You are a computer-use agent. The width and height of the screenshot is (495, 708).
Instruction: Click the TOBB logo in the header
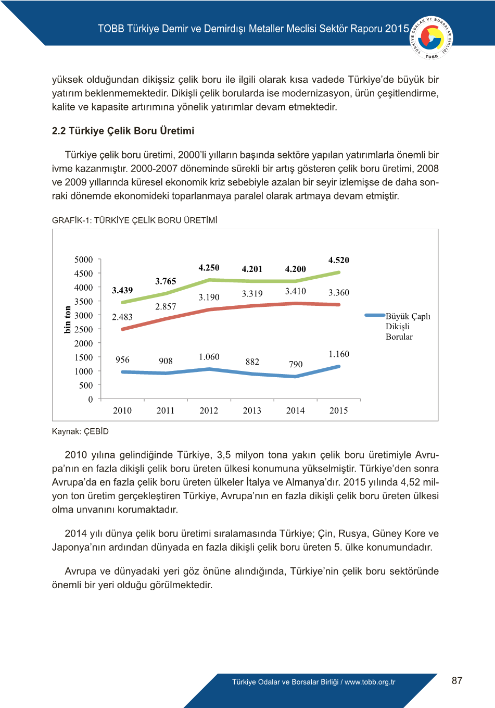pyautogui.click(x=431, y=38)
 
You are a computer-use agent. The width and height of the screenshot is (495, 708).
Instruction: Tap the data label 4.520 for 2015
pyautogui.click(x=338, y=260)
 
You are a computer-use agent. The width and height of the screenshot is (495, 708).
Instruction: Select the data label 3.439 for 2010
pyautogui.click(x=122, y=290)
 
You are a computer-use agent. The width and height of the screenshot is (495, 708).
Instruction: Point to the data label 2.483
pyautogui.click(x=122, y=317)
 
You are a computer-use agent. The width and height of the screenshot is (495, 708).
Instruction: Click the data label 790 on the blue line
pyautogui.click(x=296, y=364)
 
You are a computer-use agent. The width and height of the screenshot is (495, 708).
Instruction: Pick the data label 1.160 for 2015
pyautogui.click(x=339, y=354)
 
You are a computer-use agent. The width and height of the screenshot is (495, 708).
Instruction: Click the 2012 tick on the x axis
pyautogui.click(x=209, y=411)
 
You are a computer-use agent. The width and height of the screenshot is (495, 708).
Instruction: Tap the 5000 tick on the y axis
pyautogui.click(x=84, y=259)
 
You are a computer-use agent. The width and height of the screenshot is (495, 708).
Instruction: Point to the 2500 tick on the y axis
pyautogui.click(x=84, y=329)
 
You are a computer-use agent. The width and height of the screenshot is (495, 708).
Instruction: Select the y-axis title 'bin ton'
pyautogui.click(x=68, y=319)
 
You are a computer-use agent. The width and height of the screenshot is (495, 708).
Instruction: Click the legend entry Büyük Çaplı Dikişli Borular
pyautogui.click(x=399, y=326)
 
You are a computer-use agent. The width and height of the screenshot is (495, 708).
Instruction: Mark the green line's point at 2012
pyautogui.click(x=209, y=280)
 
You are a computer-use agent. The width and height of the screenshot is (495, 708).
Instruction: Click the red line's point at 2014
pyautogui.click(x=296, y=303)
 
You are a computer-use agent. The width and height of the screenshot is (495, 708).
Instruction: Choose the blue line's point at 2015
pyautogui.click(x=339, y=367)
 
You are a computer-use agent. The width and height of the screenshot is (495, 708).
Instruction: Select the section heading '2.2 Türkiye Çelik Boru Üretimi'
pyautogui.click(x=123, y=131)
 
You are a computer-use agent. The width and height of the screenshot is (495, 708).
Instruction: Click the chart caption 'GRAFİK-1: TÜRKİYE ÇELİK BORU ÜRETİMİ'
pyautogui.click(x=135, y=220)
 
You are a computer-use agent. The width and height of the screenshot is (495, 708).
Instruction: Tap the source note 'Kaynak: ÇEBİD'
pyautogui.click(x=80, y=431)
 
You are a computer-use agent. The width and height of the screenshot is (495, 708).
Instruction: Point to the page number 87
pyautogui.click(x=457, y=680)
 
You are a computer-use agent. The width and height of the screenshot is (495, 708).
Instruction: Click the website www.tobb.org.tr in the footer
pyautogui.click(x=370, y=682)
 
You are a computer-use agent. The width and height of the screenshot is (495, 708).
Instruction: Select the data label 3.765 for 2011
pyautogui.click(x=166, y=281)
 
